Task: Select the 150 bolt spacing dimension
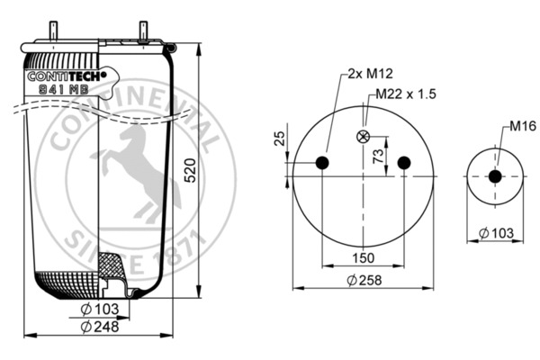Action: [x=364, y=259]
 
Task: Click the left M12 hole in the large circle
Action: [x=323, y=163]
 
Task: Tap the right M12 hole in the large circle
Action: [x=404, y=163]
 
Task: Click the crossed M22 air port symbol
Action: [x=364, y=137]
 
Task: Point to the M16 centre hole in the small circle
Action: [x=494, y=176]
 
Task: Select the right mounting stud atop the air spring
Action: [x=142, y=30]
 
